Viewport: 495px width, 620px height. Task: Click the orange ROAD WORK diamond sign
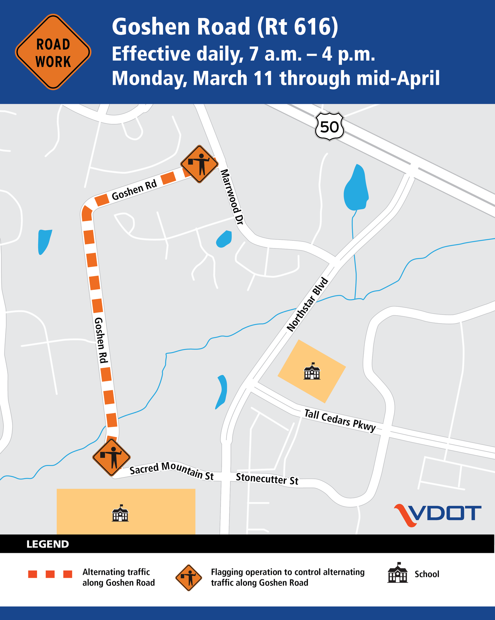pos(53,52)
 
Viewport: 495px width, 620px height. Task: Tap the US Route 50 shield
pos(329,126)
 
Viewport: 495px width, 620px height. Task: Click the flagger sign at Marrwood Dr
pos(199,164)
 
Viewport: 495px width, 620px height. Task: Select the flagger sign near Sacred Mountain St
pos(111,457)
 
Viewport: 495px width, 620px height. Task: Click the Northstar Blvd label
pos(307,304)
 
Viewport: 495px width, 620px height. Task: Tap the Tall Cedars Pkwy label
pos(340,420)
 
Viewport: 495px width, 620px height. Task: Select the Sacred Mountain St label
pos(171,471)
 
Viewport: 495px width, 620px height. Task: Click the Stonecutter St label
pos(267,479)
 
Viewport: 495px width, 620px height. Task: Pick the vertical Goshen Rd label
pos(101,340)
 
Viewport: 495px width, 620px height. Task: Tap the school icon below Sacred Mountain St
pos(120,513)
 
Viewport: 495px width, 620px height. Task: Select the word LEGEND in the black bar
pos(47,544)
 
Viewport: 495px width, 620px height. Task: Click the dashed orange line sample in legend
pos(50,574)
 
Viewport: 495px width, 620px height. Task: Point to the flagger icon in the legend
pos(188,578)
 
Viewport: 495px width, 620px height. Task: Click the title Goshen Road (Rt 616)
pos(225,27)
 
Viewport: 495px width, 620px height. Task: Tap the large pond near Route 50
pos(356,189)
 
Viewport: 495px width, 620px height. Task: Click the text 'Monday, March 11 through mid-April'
pos(275,78)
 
